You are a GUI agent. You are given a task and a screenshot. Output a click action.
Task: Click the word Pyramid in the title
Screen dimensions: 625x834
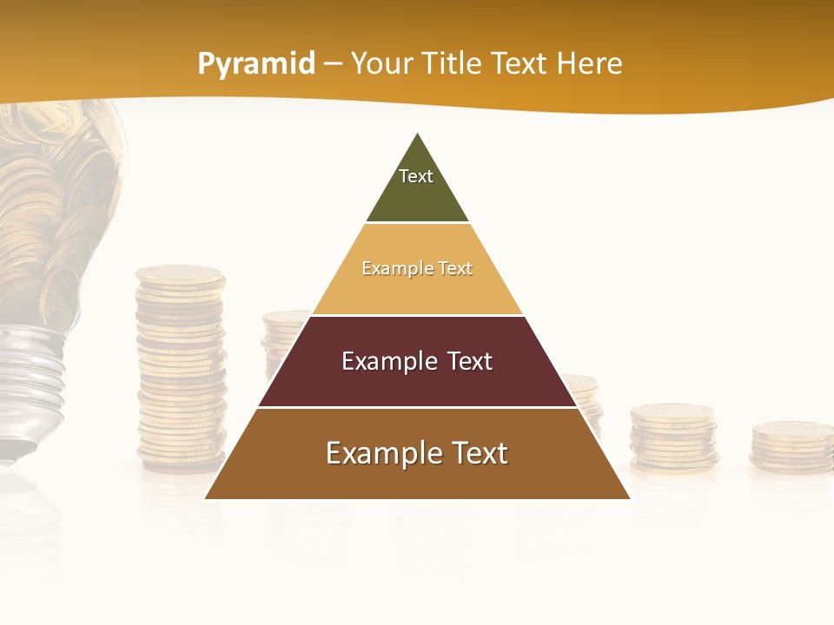(255, 64)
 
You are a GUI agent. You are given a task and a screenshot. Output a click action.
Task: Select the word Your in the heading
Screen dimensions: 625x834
(381, 63)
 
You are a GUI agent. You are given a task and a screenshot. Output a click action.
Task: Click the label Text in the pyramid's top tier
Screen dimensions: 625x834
(416, 176)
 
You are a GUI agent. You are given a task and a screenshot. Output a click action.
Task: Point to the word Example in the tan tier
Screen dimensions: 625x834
(391, 268)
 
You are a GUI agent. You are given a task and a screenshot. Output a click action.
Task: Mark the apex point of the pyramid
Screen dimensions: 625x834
(418, 134)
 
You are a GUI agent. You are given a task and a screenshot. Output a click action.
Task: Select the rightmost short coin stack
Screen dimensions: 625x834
(791, 446)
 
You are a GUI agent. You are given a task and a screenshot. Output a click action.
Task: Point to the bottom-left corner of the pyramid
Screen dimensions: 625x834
(206, 497)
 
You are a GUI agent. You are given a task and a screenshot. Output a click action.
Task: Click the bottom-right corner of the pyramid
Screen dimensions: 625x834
(629, 497)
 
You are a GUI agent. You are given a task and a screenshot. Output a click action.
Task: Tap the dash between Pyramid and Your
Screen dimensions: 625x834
(332, 64)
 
